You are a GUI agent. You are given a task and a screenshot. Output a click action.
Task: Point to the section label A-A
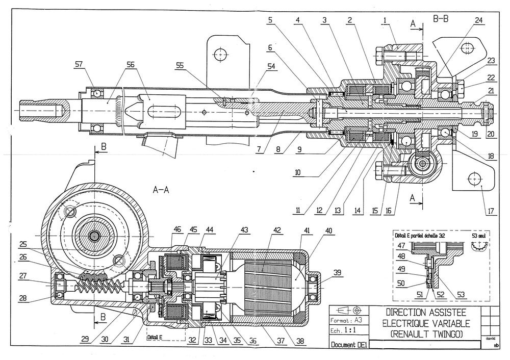click(x=161, y=189)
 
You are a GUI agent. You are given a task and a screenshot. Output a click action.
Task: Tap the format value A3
click(x=359, y=320)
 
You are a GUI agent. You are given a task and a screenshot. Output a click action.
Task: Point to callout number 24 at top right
click(x=479, y=21)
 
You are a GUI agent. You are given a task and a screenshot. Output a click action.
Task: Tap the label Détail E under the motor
click(x=154, y=338)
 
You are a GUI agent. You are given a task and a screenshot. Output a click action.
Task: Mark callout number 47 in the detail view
click(x=402, y=246)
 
